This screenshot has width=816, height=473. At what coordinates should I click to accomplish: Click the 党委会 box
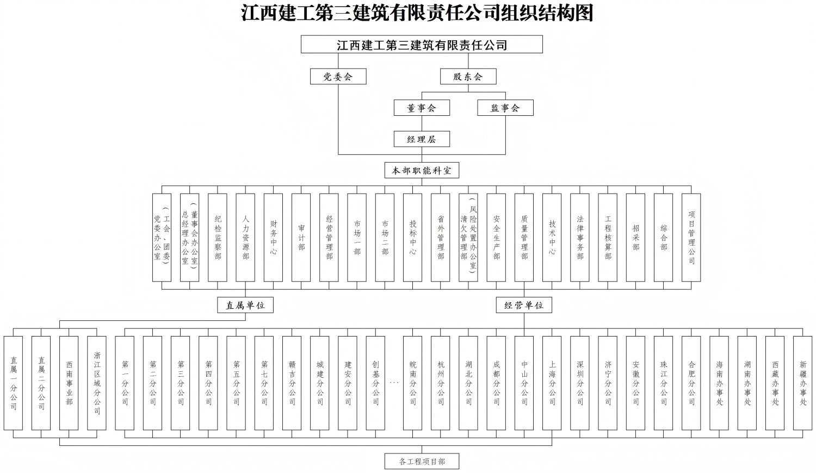[x=338, y=76]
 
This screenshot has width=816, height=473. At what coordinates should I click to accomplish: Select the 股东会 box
[x=468, y=76]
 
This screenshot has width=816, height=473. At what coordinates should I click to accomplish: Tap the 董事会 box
[x=422, y=108]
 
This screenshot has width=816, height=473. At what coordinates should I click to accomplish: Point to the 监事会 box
[x=505, y=108]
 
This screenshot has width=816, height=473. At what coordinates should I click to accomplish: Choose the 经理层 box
[x=422, y=139]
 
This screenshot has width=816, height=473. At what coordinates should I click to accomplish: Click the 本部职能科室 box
[x=422, y=170]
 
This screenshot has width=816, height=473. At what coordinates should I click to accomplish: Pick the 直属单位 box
[x=245, y=305]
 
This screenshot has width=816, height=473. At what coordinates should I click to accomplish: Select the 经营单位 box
[x=524, y=305]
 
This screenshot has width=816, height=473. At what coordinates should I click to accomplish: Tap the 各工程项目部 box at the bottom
[x=422, y=461]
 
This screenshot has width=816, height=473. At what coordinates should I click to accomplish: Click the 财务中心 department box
[x=273, y=238]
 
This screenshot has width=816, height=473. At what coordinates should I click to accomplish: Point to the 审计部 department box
[x=301, y=238]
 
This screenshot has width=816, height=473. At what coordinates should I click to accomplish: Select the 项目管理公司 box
[x=691, y=238]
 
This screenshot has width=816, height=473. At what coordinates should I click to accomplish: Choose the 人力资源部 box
[x=245, y=238]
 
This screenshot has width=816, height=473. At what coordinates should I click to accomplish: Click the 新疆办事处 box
[x=803, y=383]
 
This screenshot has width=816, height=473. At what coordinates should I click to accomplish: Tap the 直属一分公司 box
[x=14, y=383]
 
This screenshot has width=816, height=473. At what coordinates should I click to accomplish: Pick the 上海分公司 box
[x=552, y=383]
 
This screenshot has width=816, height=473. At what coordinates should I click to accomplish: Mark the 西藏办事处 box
[x=775, y=383]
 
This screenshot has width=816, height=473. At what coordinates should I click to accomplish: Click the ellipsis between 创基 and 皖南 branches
[x=394, y=383]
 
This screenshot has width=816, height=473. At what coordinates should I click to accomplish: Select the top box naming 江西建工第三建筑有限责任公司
[x=422, y=45]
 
